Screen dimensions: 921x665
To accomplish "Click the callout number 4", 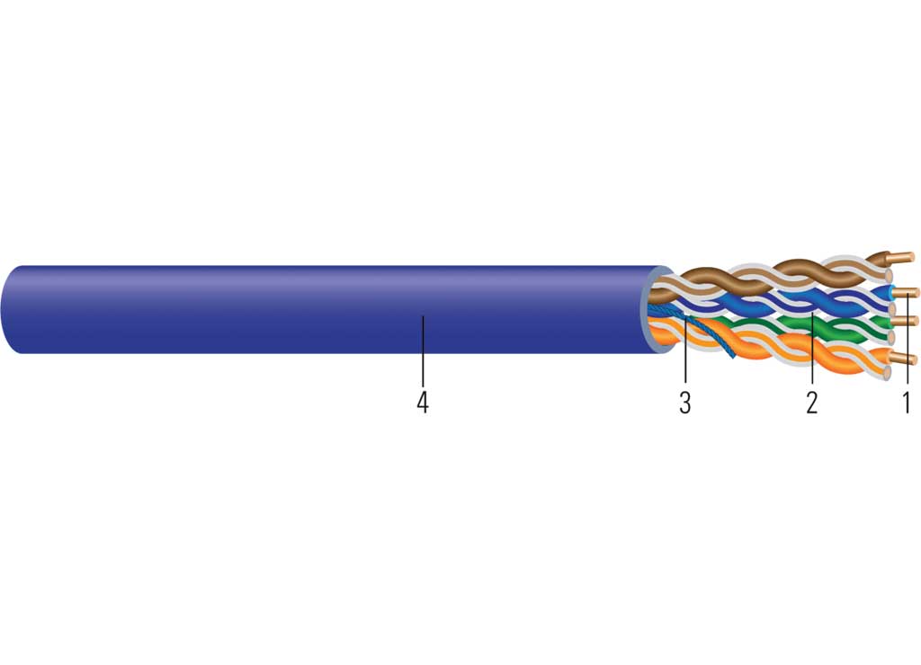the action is click(423, 402).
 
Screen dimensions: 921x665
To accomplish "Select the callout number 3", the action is click(684, 402).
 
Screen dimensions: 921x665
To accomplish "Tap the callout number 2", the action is click(812, 402).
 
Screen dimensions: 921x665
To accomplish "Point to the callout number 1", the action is click(907, 402).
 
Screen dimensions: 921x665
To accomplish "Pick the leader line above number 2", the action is click(812, 348).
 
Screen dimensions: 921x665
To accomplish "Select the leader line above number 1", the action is click(908, 341).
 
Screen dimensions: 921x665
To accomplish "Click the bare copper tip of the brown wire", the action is click(902, 257).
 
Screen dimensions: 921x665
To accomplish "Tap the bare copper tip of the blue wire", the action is click(907, 292).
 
